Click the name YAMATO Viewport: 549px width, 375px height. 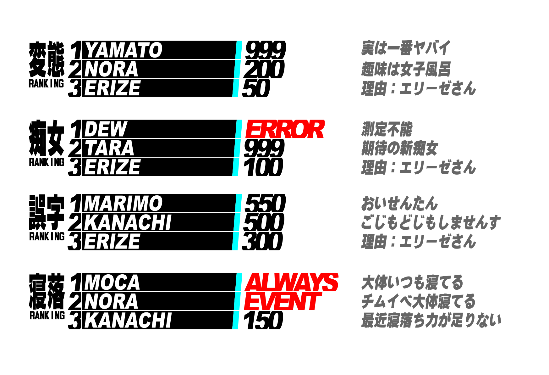[x=124, y=50]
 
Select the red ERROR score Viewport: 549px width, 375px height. [x=285, y=129]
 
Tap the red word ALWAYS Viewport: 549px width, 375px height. [x=292, y=282]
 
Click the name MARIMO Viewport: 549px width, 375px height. [x=123, y=203]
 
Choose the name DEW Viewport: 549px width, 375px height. [x=106, y=129]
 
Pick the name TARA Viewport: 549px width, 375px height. [x=110, y=148]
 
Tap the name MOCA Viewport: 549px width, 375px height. [x=112, y=282]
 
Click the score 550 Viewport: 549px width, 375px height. [x=265, y=203]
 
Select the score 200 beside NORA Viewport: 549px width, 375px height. [x=264, y=69]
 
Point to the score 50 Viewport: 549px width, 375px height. [x=256, y=88]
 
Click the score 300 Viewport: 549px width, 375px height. [x=262, y=241]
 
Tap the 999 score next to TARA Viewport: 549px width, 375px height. [x=264, y=148]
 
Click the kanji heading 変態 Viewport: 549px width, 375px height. [x=47, y=59]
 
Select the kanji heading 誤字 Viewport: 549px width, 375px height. [x=47, y=213]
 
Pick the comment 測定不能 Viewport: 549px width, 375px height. [x=387, y=129]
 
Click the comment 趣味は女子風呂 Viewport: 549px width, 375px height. [x=406, y=69]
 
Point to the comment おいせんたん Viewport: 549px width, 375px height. [x=399, y=203]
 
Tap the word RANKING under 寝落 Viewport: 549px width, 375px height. [x=47, y=315]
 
